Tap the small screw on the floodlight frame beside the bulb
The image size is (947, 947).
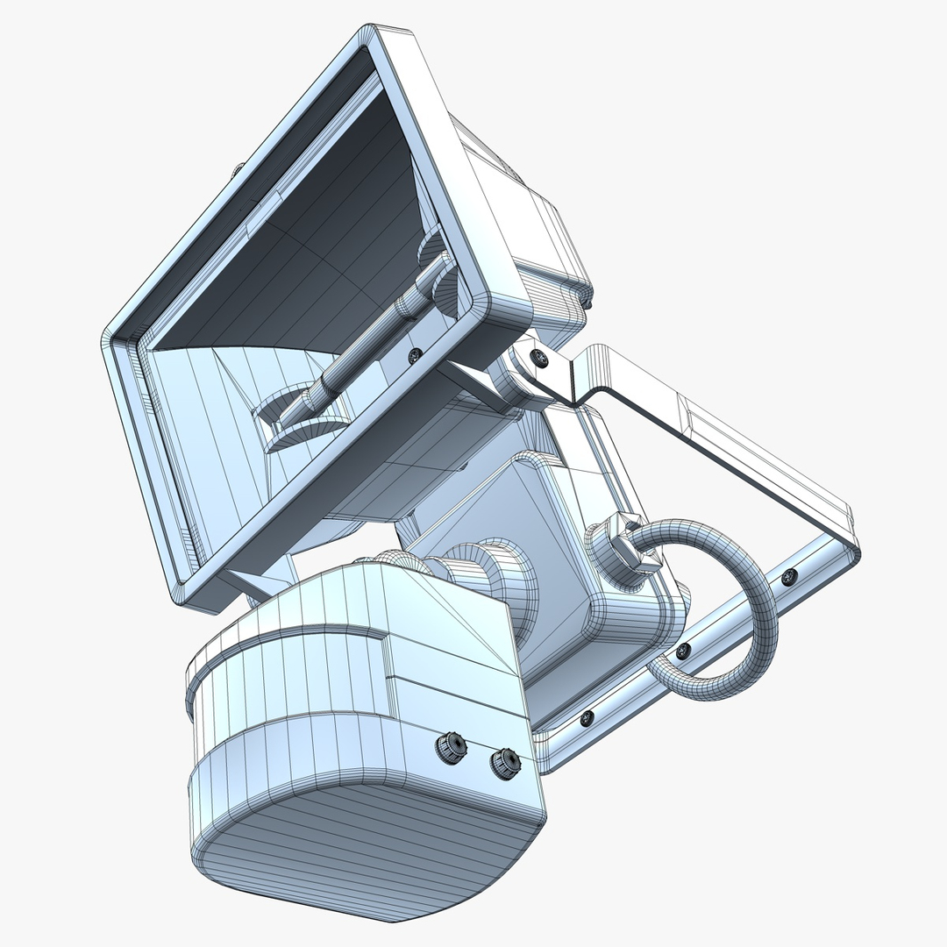pyautogui.click(x=415, y=353)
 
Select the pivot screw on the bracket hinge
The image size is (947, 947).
pyautogui.click(x=540, y=358)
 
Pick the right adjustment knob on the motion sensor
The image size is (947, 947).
pyautogui.click(x=505, y=762)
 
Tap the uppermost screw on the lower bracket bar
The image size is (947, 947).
pyautogui.click(x=789, y=576)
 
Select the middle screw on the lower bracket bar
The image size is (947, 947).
pyautogui.click(x=683, y=650)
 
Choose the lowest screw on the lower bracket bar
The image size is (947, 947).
pyautogui.click(x=587, y=717)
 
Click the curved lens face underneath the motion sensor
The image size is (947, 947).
pyautogui.click(x=368, y=842)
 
